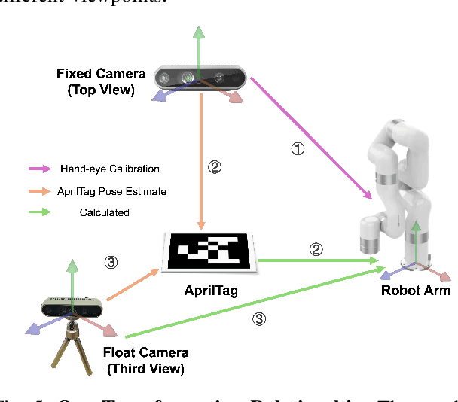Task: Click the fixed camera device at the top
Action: tap(200, 78)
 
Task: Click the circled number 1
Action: tap(298, 149)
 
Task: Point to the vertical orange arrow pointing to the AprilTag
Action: tap(201, 158)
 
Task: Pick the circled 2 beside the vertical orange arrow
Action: tap(214, 168)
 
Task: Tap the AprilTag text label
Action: tap(211, 290)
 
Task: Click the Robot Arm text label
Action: tap(416, 290)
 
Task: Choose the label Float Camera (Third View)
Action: tap(146, 361)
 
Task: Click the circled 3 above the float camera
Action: tap(111, 262)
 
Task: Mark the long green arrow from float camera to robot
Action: tap(249, 298)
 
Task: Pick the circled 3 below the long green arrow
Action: tap(258, 318)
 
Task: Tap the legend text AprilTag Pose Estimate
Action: tap(111, 191)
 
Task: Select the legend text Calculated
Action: tap(104, 212)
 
